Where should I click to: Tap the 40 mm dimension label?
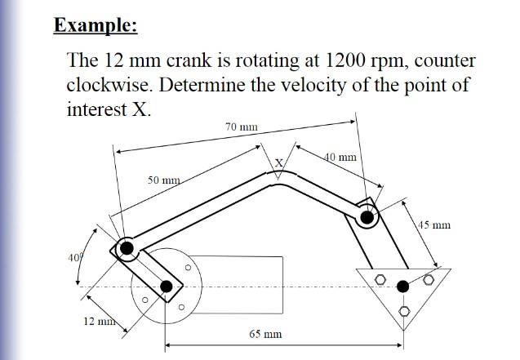tap(340, 156)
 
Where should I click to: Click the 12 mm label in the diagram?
tap(99, 319)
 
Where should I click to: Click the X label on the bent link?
tap(278, 162)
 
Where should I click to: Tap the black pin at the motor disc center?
tap(167, 286)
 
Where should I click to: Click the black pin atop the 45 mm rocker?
tap(367, 217)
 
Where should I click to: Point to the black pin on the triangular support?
tap(402, 286)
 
